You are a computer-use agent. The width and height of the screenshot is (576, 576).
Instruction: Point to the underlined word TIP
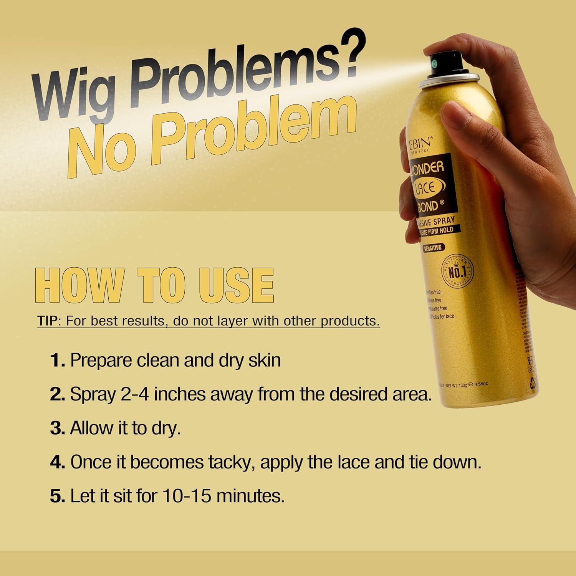47,321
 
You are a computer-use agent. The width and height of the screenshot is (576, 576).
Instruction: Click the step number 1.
57,361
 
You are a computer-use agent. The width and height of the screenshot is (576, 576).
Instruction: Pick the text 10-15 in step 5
187,496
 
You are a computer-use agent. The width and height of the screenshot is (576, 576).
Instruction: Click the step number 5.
57,496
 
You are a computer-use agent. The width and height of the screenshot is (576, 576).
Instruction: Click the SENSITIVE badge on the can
432,248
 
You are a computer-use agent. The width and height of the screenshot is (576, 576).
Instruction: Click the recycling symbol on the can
533,382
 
